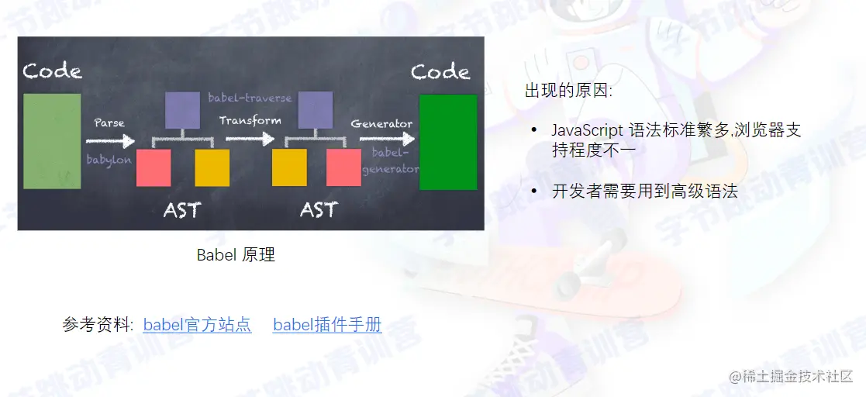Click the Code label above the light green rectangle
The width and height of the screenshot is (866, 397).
click(x=52, y=71)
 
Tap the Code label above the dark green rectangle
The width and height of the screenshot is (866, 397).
click(x=440, y=72)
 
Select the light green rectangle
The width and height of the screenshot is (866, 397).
click(x=52, y=141)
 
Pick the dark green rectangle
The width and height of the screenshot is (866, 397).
click(x=447, y=142)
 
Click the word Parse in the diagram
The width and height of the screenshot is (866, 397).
click(x=109, y=123)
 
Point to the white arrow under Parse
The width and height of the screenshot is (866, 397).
click(x=109, y=140)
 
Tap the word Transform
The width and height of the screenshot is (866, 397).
click(x=250, y=120)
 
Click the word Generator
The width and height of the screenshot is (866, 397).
click(x=381, y=124)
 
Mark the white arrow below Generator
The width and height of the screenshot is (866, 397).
click(x=386, y=140)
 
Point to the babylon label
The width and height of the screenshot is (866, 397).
click(x=109, y=160)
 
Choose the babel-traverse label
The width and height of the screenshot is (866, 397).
click(x=250, y=98)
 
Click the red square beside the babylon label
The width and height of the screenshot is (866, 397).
click(x=154, y=167)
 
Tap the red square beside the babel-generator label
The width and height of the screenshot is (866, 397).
click(x=343, y=167)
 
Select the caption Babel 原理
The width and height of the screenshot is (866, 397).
click(x=236, y=254)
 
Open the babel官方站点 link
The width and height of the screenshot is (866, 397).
click(x=197, y=325)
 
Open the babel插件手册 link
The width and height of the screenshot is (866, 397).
click(x=327, y=325)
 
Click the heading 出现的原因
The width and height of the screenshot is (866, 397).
click(x=568, y=91)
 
